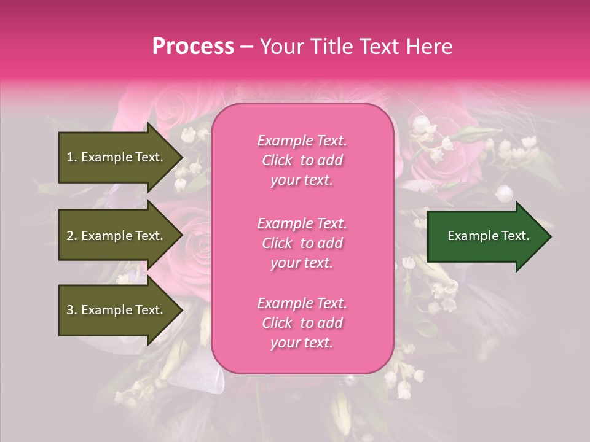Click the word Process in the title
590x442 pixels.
click(193, 47)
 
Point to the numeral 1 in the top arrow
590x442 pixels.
click(70, 157)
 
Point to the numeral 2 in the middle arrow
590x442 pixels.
click(70, 236)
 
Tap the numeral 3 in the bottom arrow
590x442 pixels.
click(70, 310)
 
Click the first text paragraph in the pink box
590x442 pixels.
click(302, 160)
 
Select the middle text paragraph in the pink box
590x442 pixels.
click(302, 243)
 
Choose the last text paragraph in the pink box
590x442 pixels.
click(302, 323)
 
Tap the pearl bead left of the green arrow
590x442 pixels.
click(505, 194)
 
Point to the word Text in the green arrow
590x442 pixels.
click(515, 236)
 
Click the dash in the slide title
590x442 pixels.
click(246, 47)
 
